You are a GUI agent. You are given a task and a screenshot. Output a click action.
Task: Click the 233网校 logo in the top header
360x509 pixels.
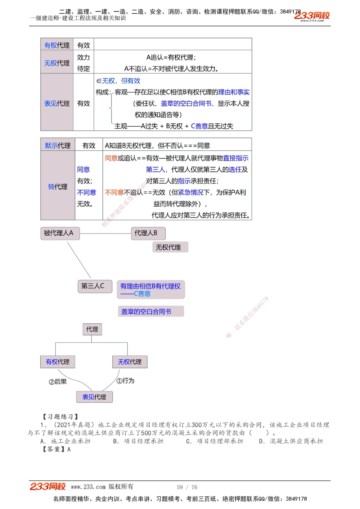coord(312,16)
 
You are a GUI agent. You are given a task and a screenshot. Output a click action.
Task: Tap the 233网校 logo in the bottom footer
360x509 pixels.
coord(48,486)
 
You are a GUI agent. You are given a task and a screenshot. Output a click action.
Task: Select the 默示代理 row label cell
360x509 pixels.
coord(58,145)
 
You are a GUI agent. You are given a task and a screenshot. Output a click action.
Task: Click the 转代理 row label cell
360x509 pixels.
coord(58,186)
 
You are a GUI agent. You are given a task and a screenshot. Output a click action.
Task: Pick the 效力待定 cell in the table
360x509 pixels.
coord(84,63)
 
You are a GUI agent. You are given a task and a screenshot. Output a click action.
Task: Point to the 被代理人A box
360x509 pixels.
coord(59,233)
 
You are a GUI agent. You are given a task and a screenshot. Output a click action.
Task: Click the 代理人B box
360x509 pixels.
coord(148,233)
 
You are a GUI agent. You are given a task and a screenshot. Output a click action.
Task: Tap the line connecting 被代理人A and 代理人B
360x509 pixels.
coord(105,233)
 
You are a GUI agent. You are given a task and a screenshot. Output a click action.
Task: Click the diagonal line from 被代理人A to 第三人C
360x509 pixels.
coord(79,260)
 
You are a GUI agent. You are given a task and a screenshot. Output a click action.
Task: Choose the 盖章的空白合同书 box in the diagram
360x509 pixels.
coord(150,312)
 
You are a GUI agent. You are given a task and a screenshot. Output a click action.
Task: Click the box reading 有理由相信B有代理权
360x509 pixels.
coord(150,290)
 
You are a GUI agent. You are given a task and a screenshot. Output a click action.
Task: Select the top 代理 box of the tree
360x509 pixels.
coord(92,329)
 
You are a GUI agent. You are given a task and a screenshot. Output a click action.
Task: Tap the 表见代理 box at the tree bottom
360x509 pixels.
coord(94,397)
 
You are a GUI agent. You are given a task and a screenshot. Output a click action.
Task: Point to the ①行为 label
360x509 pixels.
coord(126,381)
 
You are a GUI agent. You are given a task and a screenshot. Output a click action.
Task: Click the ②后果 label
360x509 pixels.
coord(58,381)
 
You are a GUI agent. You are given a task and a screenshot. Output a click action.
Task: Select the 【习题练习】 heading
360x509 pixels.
coord(60,417)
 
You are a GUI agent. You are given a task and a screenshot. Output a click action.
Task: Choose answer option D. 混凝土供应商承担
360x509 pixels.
coord(291,441)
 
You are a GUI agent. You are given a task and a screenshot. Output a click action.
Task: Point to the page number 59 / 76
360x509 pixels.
coord(187,487)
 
